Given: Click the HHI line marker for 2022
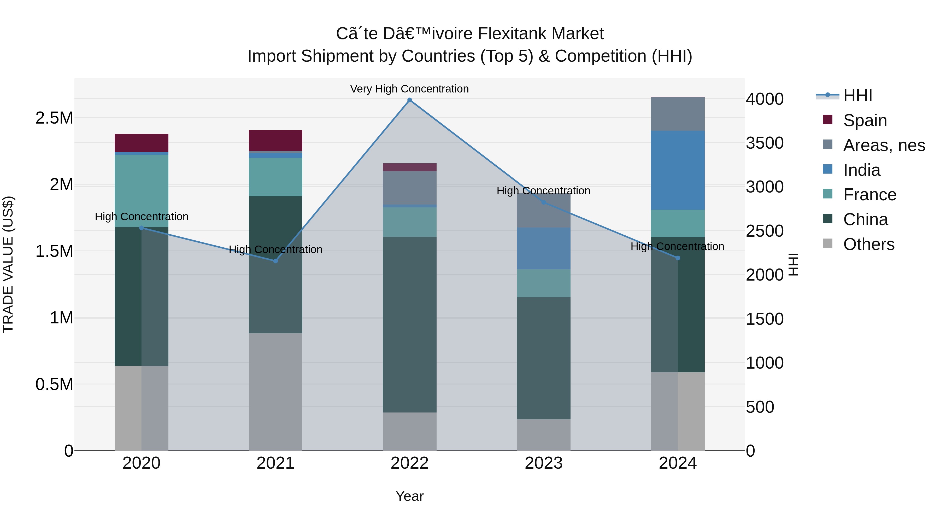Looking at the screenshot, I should pyautogui.click(x=409, y=100).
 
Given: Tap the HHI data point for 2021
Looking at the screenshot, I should pyautogui.click(x=275, y=261).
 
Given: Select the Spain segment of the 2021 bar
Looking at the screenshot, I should pyautogui.click(x=275, y=140).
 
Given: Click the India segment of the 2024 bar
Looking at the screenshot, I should pyautogui.click(x=678, y=170).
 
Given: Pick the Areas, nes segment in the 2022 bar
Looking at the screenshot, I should pyautogui.click(x=409, y=188).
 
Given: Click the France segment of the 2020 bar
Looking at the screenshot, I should pyautogui.click(x=142, y=191).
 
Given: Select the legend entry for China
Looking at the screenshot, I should pyautogui.click(x=865, y=219).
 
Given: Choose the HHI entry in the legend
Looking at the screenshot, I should pyautogui.click(x=857, y=96).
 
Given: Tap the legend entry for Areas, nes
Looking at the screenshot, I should pyautogui.click(x=884, y=145).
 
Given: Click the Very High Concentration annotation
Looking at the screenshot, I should pyautogui.click(x=409, y=89).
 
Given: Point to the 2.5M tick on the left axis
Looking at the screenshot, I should pyautogui.click(x=54, y=118).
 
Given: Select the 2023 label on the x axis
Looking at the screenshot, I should pyautogui.click(x=543, y=463).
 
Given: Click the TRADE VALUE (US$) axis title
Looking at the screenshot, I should pyautogui.click(x=8, y=264).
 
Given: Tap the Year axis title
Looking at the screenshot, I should pyautogui.click(x=409, y=496).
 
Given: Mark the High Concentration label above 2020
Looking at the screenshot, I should pyautogui.click(x=142, y=217).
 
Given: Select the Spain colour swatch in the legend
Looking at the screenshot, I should pyautogui.click(x=828, y=120).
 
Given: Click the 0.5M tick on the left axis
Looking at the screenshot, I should pyautogui.click(x=54, y=385).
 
